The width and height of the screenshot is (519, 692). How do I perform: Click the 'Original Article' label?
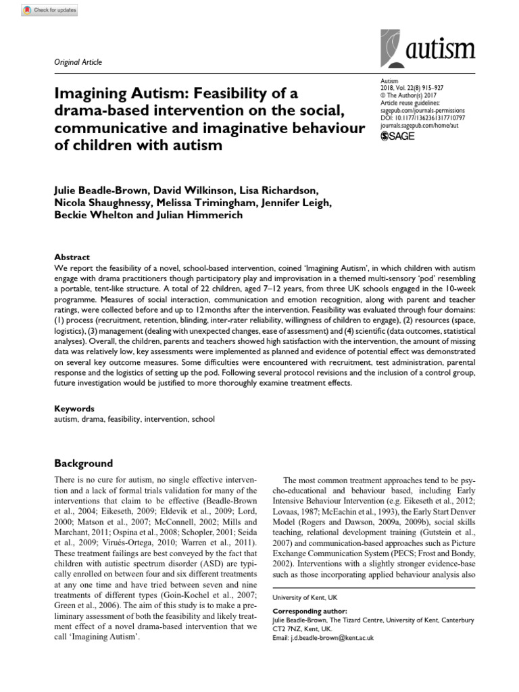[x=78, y=62]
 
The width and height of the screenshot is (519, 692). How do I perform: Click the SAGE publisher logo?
[x=399, y=136]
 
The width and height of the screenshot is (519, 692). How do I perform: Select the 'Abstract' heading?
[x=72, y=257]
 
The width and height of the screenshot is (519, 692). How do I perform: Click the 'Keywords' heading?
[x=74, y=409]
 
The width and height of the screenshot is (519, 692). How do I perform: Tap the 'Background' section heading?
[x=83, y=464]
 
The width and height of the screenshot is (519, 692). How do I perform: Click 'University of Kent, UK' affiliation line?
[x=305, y=598]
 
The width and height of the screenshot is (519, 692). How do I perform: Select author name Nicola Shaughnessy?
[x=105, y=203]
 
